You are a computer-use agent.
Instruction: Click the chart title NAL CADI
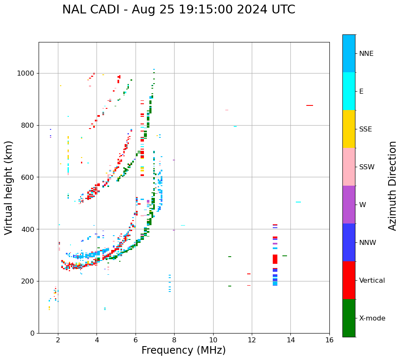179,10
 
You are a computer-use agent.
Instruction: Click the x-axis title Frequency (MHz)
183,350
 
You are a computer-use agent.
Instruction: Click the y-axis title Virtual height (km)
9,187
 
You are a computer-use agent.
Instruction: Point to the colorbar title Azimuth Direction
392,185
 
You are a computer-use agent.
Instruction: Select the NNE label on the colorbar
366,54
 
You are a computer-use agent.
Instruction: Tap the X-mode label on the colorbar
372,318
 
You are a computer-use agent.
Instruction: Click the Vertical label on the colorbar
372,281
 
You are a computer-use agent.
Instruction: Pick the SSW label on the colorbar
367,167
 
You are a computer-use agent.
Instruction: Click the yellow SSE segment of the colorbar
349,129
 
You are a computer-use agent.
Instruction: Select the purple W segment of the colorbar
349,205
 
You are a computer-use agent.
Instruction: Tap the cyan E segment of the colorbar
349,91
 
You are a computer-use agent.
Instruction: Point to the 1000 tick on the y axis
27,73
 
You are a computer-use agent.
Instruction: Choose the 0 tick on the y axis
33,333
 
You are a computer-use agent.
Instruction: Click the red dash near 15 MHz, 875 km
310,105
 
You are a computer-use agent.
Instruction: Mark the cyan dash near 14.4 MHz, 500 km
298,202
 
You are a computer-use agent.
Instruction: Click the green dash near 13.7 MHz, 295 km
285,256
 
